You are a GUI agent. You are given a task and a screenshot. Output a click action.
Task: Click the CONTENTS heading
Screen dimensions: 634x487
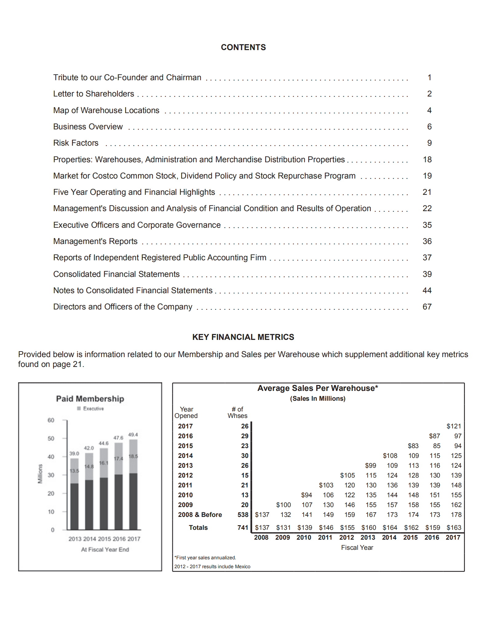click(x=243, y=47)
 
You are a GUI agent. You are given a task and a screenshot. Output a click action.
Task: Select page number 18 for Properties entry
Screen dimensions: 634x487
click(x=427, y=159)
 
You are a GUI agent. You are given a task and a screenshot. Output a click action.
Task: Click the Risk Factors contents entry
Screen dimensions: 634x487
click(x=76, y=143)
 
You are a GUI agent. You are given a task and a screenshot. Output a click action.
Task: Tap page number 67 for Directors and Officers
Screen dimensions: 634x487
click(x=427, y=307)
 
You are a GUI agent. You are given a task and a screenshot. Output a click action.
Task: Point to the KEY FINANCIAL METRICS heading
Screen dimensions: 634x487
click(x=243, y=337)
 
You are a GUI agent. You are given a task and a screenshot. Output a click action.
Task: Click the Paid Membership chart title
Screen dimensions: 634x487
click(x=90, y=399)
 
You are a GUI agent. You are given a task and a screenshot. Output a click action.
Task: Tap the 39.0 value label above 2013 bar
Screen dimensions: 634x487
click(x=74, y=454)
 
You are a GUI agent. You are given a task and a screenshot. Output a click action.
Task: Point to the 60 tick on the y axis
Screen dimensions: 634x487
click(x=51, y=420)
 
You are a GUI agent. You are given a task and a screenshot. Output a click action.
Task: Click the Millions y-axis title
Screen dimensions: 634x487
click(x=40, y=474)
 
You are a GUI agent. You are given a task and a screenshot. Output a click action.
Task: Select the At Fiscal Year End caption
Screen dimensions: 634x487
click(x=105, y=549)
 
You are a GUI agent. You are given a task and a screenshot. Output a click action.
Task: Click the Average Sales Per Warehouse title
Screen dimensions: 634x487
click(x=317, y=388)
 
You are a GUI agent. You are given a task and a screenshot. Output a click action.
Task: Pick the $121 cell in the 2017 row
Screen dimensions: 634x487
click(x=453, y=426)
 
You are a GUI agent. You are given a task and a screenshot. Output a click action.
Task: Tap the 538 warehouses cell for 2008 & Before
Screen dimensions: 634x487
click(x=243, y=515)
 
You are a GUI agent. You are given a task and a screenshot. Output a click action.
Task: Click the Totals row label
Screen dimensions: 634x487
click(x=198, y=528)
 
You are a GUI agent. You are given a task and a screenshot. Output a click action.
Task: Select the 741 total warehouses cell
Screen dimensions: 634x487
click(x=243, y=528)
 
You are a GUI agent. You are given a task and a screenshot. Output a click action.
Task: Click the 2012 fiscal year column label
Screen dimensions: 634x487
click(x=346, y=538)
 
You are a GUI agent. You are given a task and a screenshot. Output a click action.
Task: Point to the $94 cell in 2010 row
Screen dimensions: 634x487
click(x=306, y=495)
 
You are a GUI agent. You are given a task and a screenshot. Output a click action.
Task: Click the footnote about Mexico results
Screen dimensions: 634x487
click(x=212, y=566)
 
